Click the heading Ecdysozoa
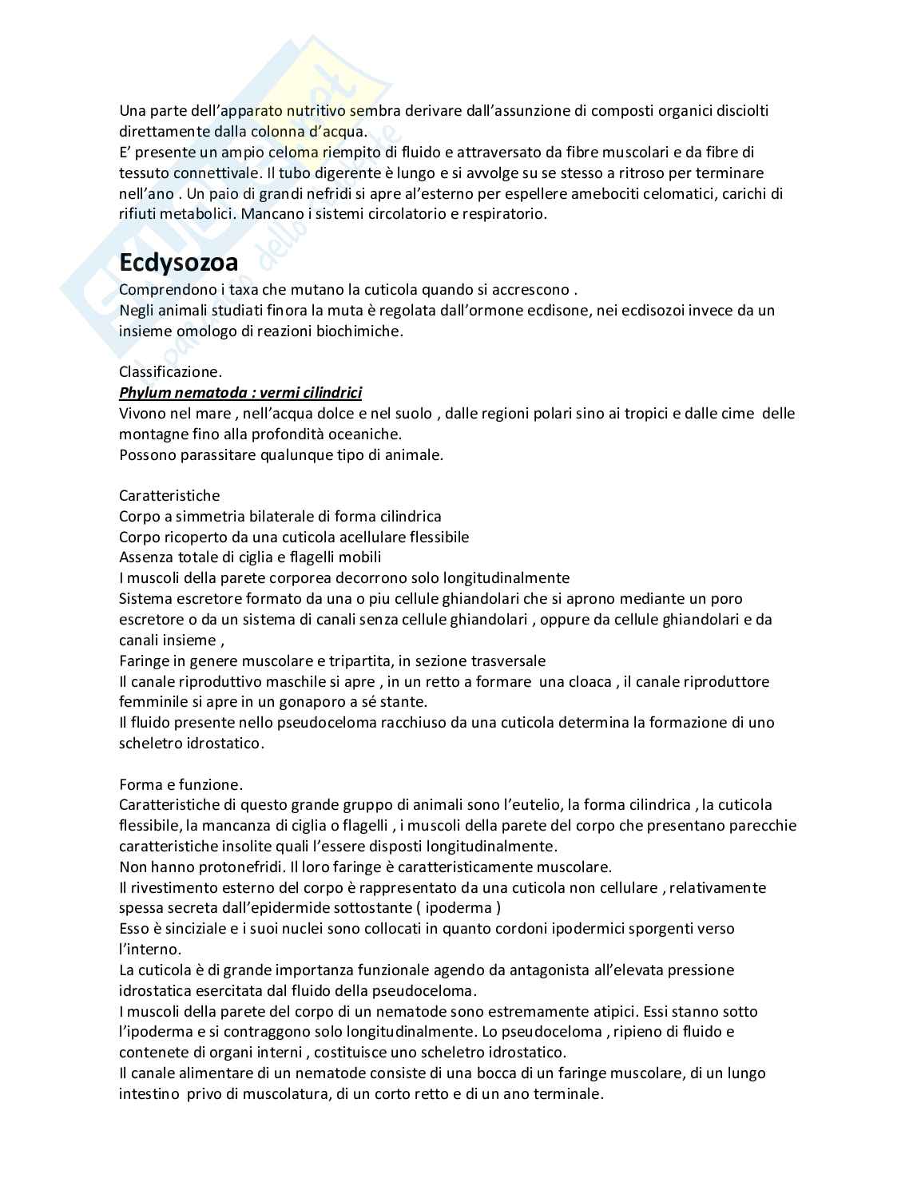[178, 262]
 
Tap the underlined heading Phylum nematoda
[240, 392]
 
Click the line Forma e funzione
[181, 784]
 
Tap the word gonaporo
[304, 702]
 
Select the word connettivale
[215, 173]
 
